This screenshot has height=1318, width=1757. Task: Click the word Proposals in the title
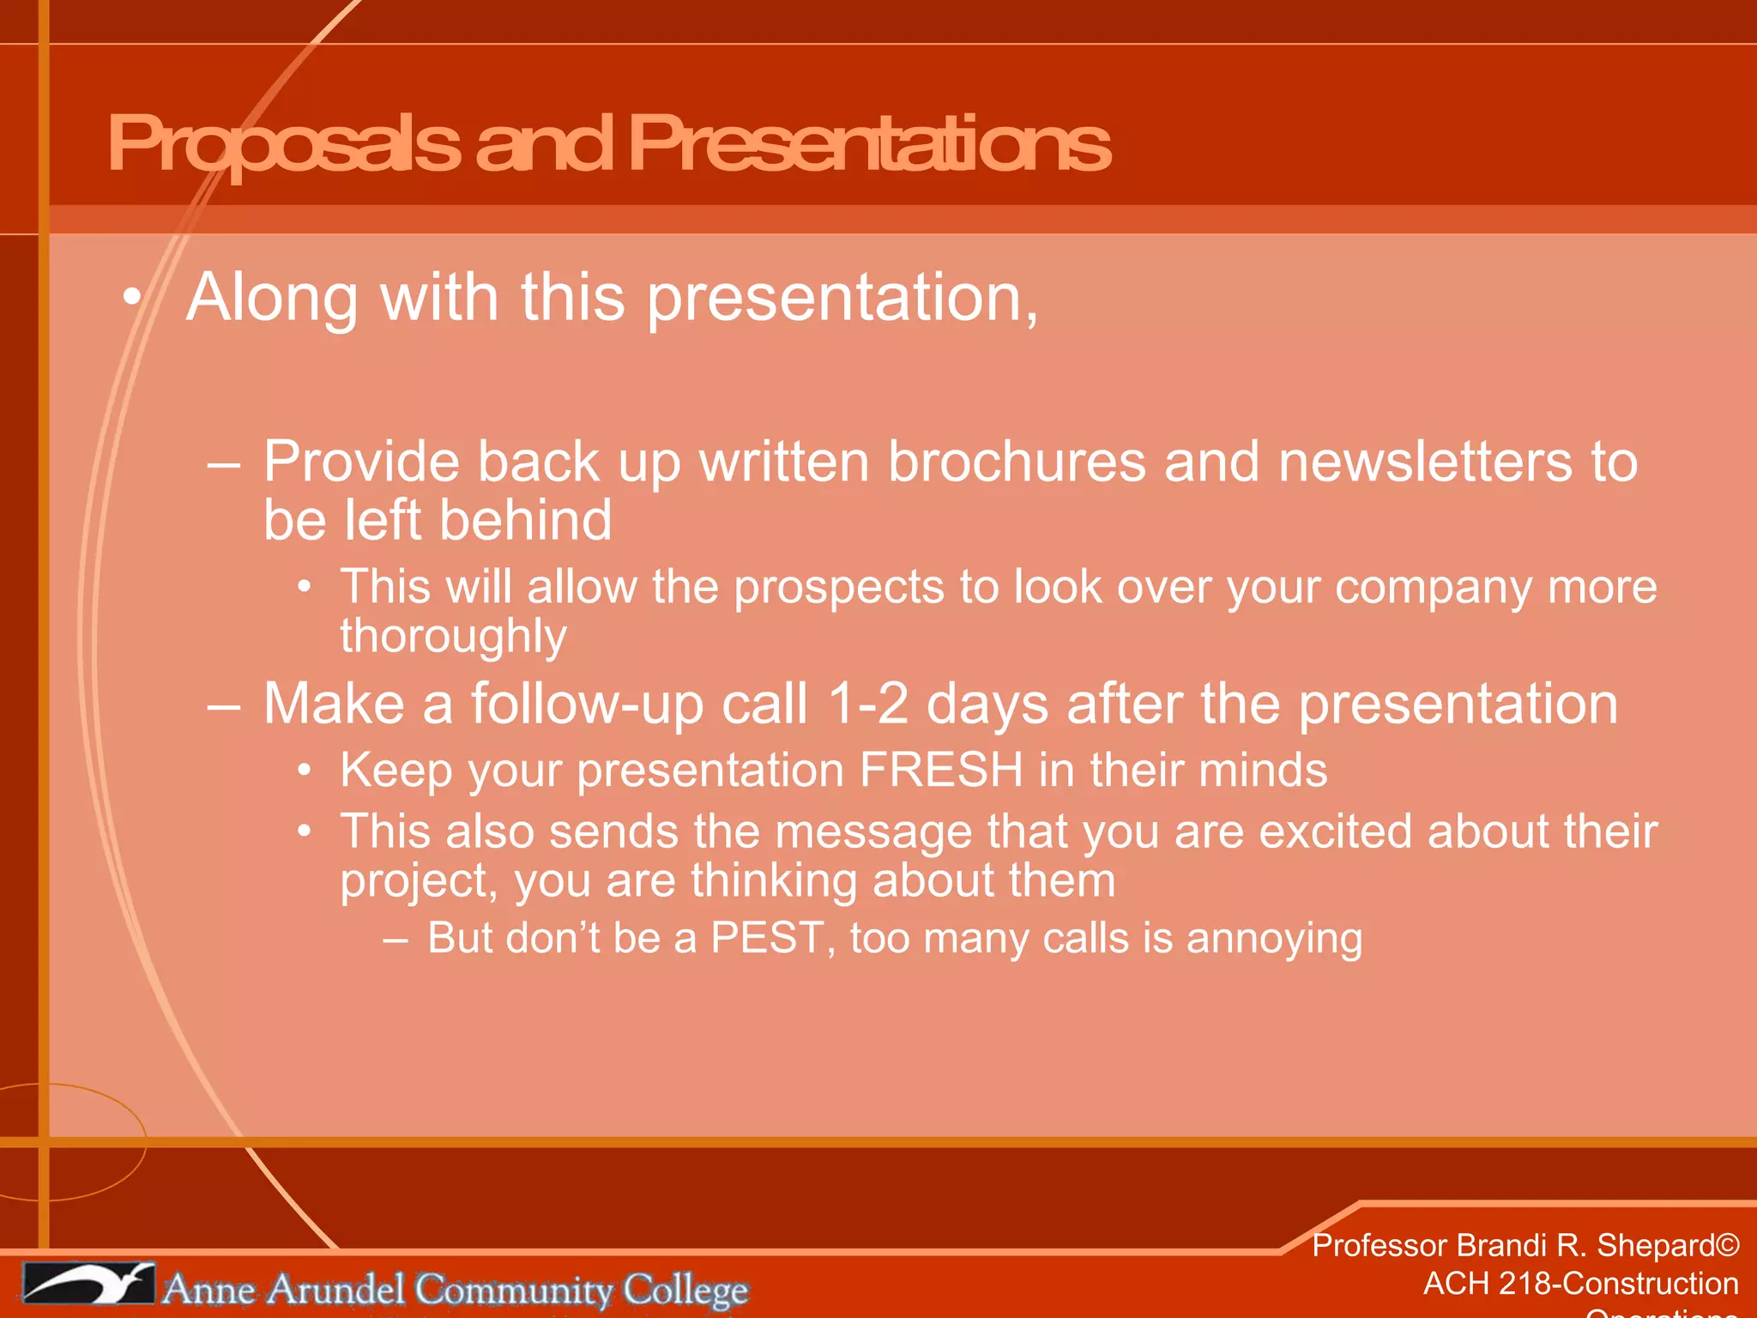click(x=283, y=144)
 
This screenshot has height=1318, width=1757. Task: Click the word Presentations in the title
click(x=868, y=144)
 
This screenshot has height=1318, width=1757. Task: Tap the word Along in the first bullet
click(x=272, y=298)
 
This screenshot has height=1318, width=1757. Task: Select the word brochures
click(x=1017, y=463)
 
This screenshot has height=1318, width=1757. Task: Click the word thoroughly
click(x=453, y=637)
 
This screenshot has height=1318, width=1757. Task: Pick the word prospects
click(x=838, y=588)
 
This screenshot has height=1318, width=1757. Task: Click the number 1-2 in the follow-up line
click(x=867, y=704)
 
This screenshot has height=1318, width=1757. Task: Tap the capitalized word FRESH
click(x=941, y=770)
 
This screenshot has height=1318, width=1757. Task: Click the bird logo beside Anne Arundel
click(x=88, y=1284)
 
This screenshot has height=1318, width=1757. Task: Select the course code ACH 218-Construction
click(x=1580, y=1284)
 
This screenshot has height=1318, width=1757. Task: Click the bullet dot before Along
click(x=130, y=298)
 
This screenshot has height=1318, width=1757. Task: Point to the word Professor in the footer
click(x=1379, y=1246)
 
